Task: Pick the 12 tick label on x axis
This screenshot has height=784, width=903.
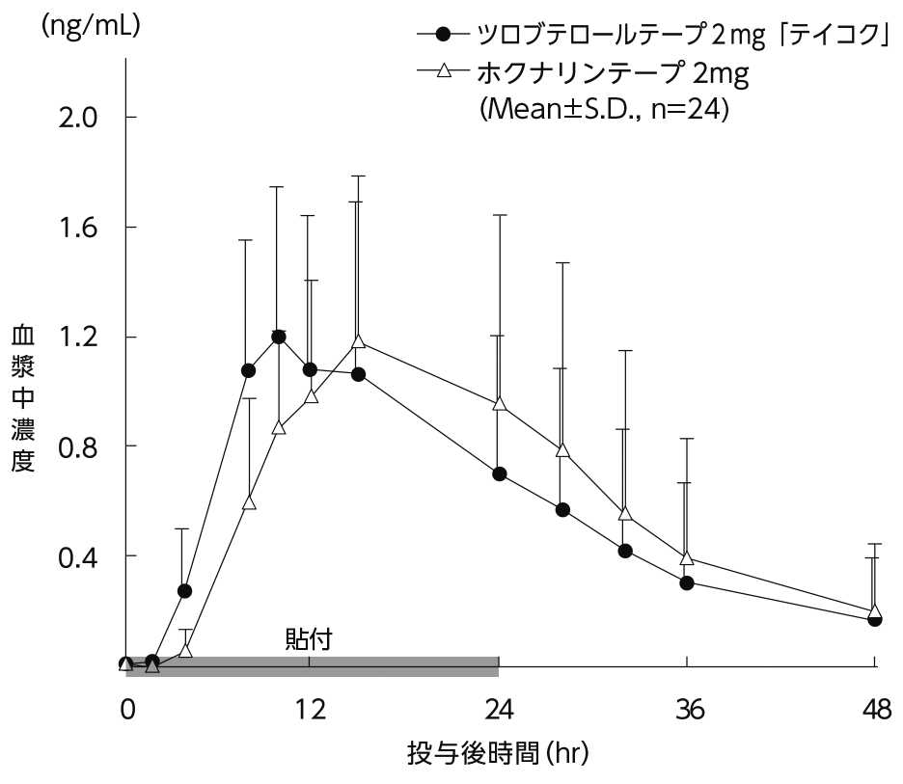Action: pos(309,711)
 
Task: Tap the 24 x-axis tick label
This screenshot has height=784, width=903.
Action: pos(498,711)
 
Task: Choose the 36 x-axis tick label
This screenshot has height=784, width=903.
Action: pos(687,711)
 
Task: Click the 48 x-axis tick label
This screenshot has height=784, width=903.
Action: pos(875,711)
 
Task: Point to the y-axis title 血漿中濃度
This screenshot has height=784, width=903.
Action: pos(22,398)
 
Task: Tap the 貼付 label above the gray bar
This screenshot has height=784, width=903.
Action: pos(309,639)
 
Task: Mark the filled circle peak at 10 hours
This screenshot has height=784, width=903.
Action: pos(279,337)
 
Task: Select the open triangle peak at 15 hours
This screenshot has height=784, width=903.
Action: pos(358,340)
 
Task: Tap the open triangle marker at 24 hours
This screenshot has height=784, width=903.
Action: pos(499,403)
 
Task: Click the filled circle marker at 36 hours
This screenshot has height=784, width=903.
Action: pos(687,582)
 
